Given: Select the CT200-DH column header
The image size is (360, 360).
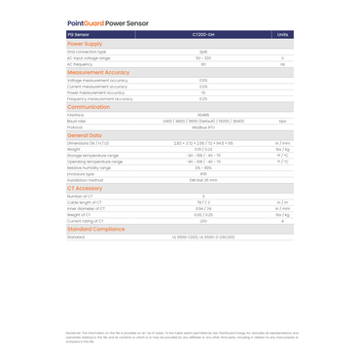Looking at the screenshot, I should pos(203,34).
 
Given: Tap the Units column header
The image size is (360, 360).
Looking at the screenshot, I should pos(282,34).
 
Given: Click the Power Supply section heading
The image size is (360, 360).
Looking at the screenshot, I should pos(85,44).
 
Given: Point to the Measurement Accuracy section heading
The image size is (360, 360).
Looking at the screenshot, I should pos(97,72).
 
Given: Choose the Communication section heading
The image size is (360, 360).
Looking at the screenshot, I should pos(89,107).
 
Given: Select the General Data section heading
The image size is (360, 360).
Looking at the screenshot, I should pos(85,135).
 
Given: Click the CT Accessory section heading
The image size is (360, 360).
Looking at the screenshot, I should pos(85,188).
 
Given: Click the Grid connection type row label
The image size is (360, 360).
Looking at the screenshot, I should pos(87,52).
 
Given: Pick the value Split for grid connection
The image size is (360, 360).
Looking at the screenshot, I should pos(203,52).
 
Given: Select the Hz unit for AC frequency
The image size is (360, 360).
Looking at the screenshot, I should pos(282,64).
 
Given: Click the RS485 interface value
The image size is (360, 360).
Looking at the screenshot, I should pos(203,115).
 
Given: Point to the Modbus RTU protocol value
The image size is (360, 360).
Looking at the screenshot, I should pos(203,126).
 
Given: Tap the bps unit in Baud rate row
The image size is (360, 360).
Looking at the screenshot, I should pos(282,121).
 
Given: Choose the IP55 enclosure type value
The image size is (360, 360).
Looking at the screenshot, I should pos(203,173).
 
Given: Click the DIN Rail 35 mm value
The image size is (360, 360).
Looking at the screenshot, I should pos(203,179).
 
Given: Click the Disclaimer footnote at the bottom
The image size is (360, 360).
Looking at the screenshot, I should pos(180,337).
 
